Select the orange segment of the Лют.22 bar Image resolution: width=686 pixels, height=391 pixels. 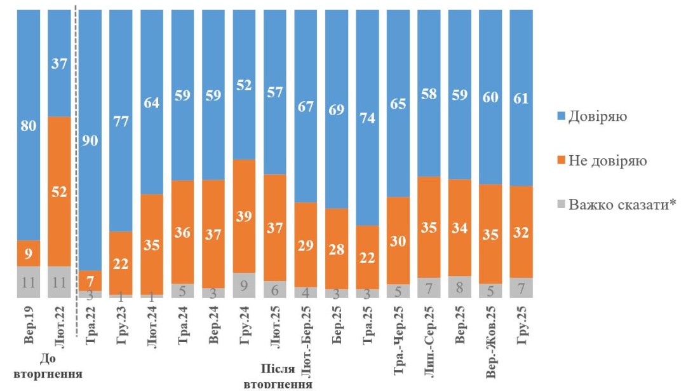click(x=59, y=191)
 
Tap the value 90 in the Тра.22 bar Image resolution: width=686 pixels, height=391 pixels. click(x=90, y=141)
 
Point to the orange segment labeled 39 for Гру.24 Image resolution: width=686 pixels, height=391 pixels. click(x=245, y=216)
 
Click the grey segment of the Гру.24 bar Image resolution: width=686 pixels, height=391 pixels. click(x=245, y=285)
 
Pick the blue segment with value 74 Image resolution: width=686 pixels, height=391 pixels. click(x=368, y=118)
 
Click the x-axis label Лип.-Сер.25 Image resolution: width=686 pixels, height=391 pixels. click(x=429, y=340)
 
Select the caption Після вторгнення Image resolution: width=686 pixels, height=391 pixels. click(x=278, y=375)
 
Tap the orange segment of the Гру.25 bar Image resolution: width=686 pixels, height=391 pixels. click(x=521, y=231)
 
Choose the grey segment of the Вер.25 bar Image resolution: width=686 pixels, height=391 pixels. click(x=460, y=287)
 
